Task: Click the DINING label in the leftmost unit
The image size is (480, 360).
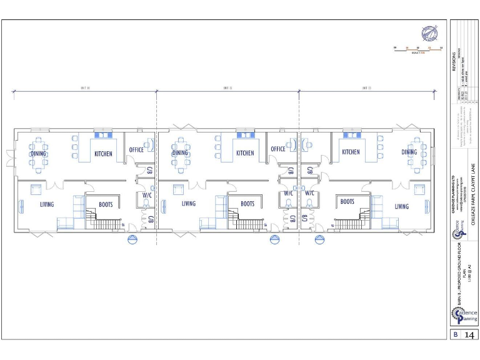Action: click(39, 153)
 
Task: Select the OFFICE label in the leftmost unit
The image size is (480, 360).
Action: click(136, 150)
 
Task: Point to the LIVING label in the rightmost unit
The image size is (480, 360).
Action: click(402, 206)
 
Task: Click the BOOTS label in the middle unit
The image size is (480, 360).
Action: click(247, 204)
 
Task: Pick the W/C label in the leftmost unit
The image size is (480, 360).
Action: click(147, 194)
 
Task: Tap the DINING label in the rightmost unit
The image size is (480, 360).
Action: click(409, 152)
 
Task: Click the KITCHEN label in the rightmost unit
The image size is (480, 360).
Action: click(351, 152)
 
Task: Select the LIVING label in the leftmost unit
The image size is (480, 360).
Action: click(47, 204)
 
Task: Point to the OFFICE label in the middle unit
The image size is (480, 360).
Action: click(278, 149)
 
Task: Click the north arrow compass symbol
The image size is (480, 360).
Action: click(429, 33)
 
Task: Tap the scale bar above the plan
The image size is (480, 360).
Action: click(417, 48)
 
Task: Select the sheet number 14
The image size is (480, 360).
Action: click(469, 336)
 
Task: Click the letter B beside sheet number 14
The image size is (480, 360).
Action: click(456, 336)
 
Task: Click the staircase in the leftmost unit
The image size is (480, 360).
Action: click(104, 222)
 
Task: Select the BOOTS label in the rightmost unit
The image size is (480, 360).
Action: click(348, 202)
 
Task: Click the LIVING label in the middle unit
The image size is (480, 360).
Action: click(189, 204)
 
